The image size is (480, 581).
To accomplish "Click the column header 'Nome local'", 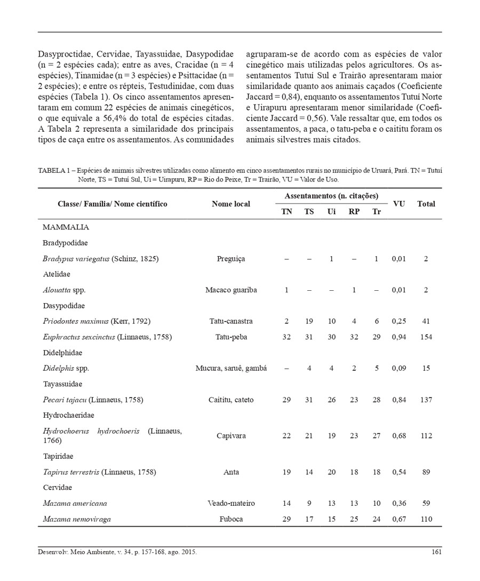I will point(230,204).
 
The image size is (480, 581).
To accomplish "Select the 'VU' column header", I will point(398,203).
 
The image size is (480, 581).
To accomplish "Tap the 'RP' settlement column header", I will point(354,211).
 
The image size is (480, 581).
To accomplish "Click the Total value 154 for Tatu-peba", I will point(426,337).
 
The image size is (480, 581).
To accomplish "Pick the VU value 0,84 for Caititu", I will point(398,400).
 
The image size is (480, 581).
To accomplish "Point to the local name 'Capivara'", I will point(231,436).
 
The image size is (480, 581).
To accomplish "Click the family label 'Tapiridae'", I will point(58,456).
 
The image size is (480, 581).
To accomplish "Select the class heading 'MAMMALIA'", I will point(66,227).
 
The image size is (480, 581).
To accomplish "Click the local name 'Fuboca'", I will point(231,519).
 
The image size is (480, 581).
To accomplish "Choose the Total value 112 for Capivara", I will point(426,436).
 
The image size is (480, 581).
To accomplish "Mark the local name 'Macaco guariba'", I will point(231,290).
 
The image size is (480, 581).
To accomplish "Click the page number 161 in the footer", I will point(436,552).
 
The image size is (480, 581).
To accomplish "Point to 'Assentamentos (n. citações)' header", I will point(331,196).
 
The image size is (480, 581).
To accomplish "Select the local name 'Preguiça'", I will point(231,259).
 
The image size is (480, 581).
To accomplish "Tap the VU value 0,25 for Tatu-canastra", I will point(398,321).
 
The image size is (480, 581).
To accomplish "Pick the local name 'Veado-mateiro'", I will point(231,503).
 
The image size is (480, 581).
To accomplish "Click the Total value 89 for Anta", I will point(426,472).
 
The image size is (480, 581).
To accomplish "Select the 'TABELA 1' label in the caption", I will point(54,171).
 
